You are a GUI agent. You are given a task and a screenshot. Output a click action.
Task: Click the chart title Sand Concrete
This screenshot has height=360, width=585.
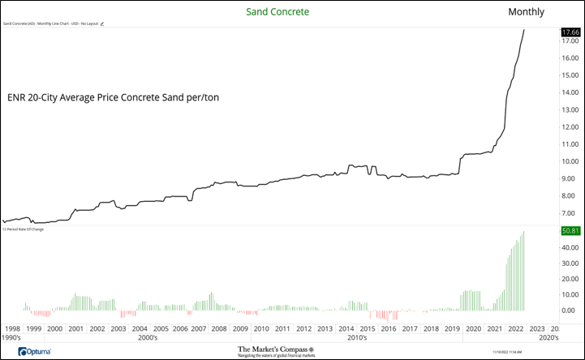coord(277,11)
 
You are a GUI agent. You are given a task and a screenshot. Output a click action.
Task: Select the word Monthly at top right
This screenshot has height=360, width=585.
coord(526,11)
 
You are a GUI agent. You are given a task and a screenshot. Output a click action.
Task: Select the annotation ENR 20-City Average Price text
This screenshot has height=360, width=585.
coord(113,97)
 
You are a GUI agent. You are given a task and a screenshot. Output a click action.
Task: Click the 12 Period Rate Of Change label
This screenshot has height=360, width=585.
coord(24,229)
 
